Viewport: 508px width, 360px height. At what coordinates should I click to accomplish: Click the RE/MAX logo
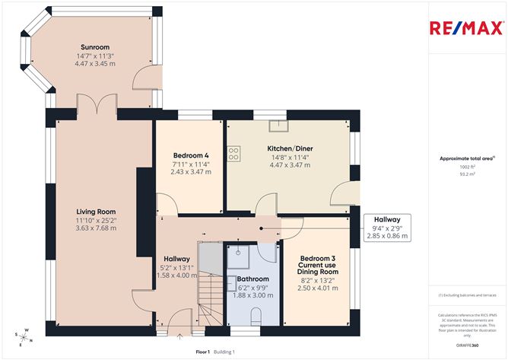[x=465, y=29]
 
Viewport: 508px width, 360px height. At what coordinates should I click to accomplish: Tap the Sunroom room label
[x=94, y=47]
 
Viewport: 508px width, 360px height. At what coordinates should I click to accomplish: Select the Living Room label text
[x=94, y=212]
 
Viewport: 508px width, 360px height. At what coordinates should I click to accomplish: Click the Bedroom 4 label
[x=191, y=155]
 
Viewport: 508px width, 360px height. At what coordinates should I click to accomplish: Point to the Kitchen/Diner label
[x=290, y=148]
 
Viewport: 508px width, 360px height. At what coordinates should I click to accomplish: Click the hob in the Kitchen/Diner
[x=233, y=155]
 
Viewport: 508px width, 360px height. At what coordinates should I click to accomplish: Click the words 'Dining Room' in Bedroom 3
[x=316, y=272]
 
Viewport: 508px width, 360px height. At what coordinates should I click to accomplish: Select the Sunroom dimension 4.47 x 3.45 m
[x=94, y=64]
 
